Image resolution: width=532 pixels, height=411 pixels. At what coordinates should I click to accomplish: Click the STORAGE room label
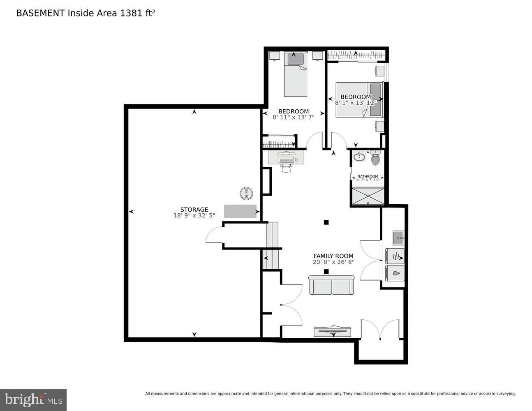click(x=194, y=210)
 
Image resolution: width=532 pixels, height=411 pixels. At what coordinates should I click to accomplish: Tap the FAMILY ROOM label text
click(x=333, y=256)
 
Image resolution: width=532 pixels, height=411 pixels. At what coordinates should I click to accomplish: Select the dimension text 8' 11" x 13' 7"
click(x=294, y=117)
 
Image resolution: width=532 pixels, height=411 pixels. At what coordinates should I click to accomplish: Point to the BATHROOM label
click(x=368, y=176)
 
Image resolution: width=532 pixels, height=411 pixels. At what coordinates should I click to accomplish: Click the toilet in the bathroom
click(x=375, y=159)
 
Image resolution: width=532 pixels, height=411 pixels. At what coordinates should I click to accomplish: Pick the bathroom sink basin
click(x=359, y=156)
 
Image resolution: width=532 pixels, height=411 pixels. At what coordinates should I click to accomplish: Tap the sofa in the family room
click(x=331, y=286)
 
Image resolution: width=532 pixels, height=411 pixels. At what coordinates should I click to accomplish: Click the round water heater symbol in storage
click(x=246, y=193)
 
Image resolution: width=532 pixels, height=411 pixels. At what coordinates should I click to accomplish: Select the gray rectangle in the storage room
click(x=240, y=211)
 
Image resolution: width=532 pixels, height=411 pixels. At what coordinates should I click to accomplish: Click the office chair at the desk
click(x=286, y=168)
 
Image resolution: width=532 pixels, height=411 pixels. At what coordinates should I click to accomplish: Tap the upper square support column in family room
click(x=326, y=222)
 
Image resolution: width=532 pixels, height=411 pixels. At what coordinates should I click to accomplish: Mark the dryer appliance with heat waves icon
click(x=395, y=256)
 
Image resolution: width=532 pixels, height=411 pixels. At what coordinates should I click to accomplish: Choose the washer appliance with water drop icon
click(x=395, y=273)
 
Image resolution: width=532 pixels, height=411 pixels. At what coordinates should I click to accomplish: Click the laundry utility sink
click(x=398, y=237)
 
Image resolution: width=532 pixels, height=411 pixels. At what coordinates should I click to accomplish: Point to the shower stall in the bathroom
click(x=368, y=196)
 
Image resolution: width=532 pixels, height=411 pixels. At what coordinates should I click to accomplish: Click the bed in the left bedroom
click(x=296, y=75)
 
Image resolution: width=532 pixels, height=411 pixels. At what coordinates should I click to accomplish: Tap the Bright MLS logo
click(x=33, y=399)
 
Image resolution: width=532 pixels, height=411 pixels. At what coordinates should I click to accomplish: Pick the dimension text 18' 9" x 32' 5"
click(x=194, y=216)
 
